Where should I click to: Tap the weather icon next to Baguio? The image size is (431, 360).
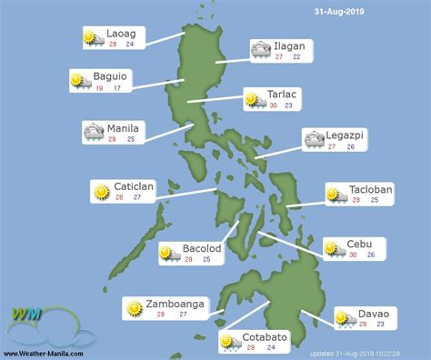pyautogui.click(x=79, y=79)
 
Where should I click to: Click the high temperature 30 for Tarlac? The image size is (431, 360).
pyautogui.click(x=274, y=105)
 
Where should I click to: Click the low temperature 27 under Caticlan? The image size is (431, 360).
pyautogui.click(x=137, y=196)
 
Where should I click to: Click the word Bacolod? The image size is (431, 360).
pyautogui.click(x=202, y=247)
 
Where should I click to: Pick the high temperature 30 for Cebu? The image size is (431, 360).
pyautogui.click(x=353, y=254)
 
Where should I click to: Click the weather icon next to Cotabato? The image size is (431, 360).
pyautogui.click(x=229, y=342)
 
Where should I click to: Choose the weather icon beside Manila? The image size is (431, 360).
pyautogui.click(x=94, y=132)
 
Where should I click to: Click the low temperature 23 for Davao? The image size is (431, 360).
pyautogui.click(x=380, y=324)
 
